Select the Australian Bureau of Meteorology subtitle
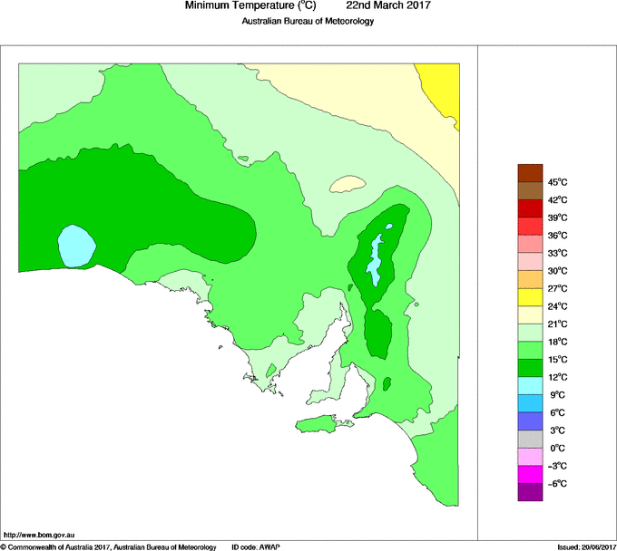pyautogui.click(x=308, y=22)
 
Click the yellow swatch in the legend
pyautogui.click(x=530, y=297)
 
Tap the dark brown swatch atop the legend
pyautogui.click(x=530, y=173)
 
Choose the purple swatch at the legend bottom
pyautogui.click(x=530, y=492)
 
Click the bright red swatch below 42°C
pyautogui.click(x=530, y=208)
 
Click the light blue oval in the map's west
pyautogui.click(x=77, y=245)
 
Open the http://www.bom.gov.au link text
pyautogui.click(x=40, y=536)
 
